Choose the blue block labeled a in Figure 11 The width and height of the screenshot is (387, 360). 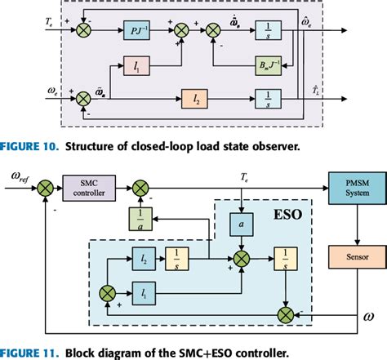coord(219,223)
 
